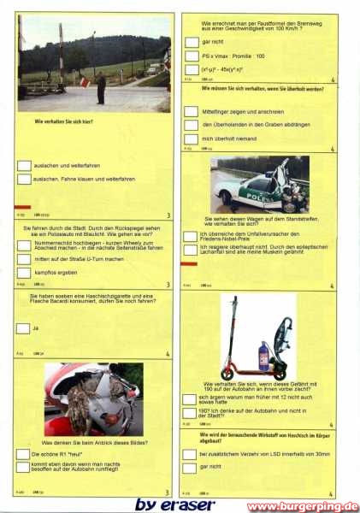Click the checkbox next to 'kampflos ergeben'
click(x=24, y=272)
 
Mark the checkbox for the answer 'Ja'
click(x=22, y=327)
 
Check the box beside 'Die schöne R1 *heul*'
click(x=22, y=453)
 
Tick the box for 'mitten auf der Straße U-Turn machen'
click(x=24, y=258)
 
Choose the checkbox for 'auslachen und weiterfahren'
click(x=24, y=166)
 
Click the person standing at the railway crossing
click(x=101, y=86)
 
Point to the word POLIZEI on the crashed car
click(x=243, y=193)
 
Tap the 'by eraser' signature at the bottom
click(x=174, y=504)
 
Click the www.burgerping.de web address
click(x=303, y=506)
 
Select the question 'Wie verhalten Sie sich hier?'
click(x=63, y=122)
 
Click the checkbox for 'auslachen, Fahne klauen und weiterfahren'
click(x=24, y=180)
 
